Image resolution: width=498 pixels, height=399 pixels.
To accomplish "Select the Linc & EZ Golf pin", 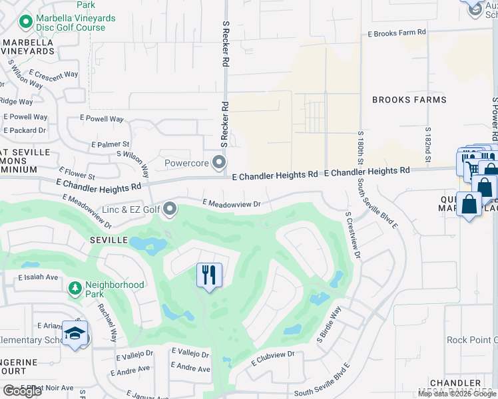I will coord(170,209).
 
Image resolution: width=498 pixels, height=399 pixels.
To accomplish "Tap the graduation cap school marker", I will coord(75,333).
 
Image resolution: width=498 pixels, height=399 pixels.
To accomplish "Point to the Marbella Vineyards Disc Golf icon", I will coord(26,23).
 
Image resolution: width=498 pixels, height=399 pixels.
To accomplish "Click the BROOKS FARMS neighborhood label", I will coord(409,100).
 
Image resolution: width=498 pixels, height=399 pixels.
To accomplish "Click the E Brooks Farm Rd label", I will coord(397,33).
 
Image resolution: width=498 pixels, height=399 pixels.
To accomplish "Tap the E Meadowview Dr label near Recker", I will coord(230,203).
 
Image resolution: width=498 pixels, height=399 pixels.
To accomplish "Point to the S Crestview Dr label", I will coord(353,235).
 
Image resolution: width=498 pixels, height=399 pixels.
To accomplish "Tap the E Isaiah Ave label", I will coord(39,277).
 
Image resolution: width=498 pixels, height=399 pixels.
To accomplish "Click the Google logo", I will coord(22,390).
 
